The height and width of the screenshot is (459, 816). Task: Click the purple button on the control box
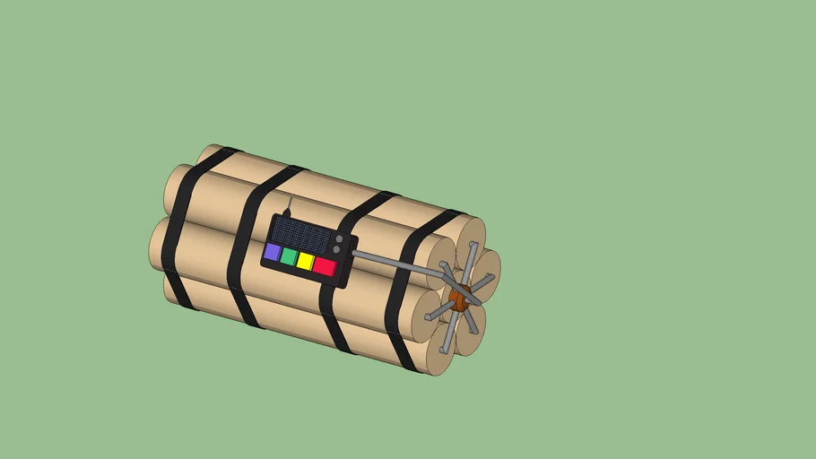[272, 252]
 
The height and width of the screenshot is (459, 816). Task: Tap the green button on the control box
[289, 256]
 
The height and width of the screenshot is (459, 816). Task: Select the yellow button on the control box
[306, 262]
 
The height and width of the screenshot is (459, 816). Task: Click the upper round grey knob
[339, 239]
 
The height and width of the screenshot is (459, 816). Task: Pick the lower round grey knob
[336, 250]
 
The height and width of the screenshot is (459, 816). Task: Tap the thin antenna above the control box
[288, 205]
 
